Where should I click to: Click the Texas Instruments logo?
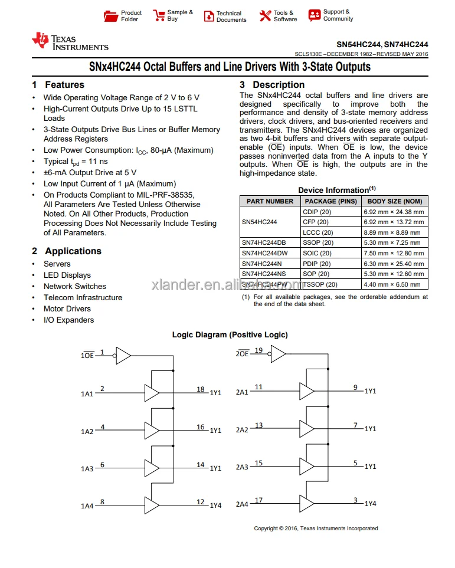pos(70,41)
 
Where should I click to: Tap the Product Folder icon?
pos(110,16)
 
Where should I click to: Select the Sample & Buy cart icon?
pos(159,16)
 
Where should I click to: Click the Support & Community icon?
pos(315,15)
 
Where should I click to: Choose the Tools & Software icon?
pos(265,16)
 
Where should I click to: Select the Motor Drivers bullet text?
pos(67,309)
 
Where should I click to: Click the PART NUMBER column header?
pos(270,201)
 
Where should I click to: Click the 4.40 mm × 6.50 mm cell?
pos(394,284)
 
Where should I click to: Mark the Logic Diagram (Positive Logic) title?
pos(230,335)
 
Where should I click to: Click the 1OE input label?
pos(87,356)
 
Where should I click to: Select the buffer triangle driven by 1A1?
pos(152,392)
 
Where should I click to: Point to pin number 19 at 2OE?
pos(258,351)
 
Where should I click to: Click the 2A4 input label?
pos(242,505)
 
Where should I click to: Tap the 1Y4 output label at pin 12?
pos(215,505)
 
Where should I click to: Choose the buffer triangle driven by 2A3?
pos(306,467)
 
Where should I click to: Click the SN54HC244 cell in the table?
pos(259,222)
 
